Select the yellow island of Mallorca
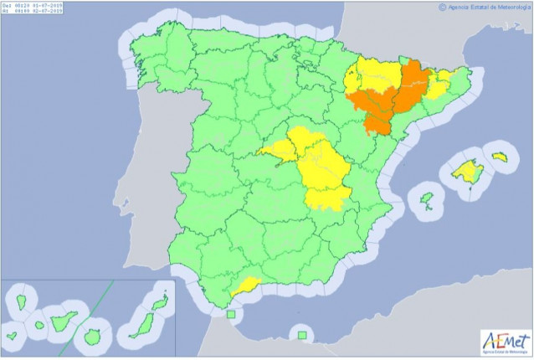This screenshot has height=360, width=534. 464,172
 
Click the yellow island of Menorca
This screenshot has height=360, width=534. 500,157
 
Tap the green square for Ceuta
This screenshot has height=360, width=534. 231,315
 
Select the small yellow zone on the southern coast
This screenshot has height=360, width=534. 245,286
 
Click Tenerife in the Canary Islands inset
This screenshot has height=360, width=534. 63,321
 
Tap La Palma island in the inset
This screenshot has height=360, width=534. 19,303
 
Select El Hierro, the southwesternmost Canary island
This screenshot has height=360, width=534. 12,337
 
